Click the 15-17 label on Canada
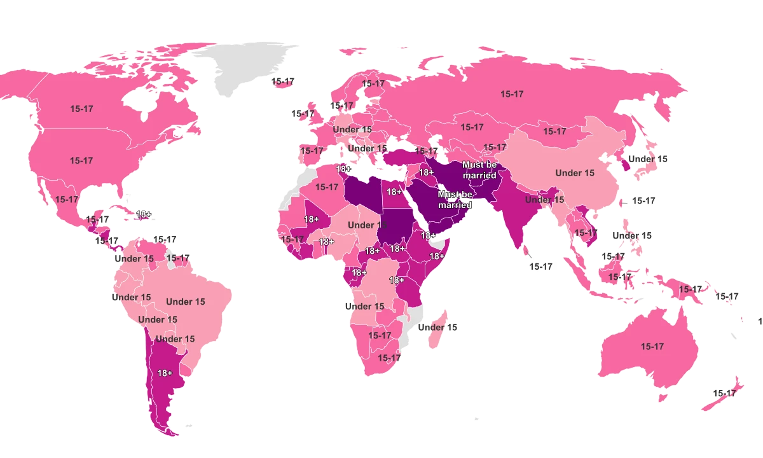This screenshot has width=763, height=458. tap(81, 109)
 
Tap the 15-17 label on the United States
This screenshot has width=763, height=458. tap(81, 161)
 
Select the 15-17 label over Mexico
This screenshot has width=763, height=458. tap(67, 199)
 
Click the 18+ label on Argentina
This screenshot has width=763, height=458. tap(165, 373)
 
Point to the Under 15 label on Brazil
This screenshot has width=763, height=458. tap(186, 302)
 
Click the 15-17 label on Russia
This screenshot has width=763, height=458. tap(512, 94)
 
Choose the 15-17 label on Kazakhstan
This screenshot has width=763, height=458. tap(472, 127)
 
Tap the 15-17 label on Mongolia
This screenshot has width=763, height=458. tap(554, 132)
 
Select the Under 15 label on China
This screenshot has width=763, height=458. tap(575, 173)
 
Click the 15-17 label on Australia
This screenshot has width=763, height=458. tap(652, 347)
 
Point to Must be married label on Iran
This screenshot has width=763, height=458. tap(479, 170)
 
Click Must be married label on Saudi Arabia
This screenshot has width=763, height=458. tap(455, 199)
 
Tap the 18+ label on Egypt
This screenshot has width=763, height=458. tap(394, 191)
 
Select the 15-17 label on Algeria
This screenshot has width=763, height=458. tap(327, 187)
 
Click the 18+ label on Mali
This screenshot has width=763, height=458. tap(312, 219)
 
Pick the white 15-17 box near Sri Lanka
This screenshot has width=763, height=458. tap(541, 267)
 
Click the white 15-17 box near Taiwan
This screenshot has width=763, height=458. tap(642, 201)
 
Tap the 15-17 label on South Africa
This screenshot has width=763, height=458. tap(389, 358)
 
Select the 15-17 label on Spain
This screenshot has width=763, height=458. tap(312, 151)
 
